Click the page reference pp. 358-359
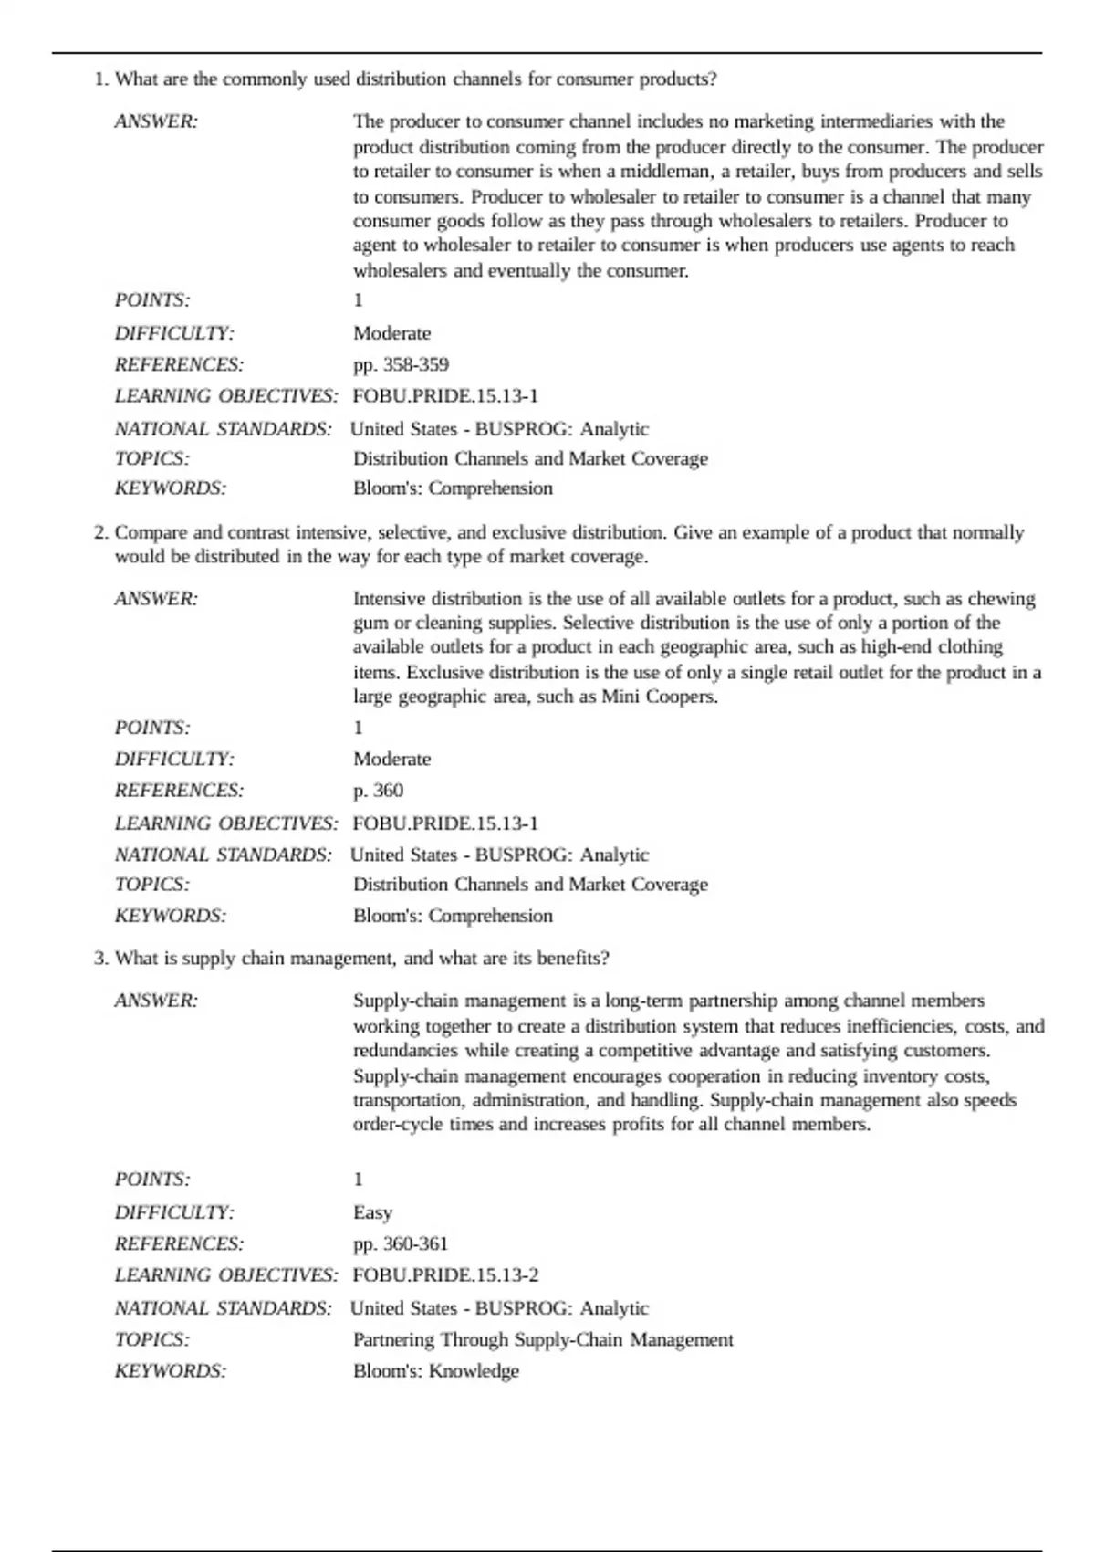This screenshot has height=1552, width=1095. (x=401, y=365)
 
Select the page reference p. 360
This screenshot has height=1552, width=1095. (x=378, y=791)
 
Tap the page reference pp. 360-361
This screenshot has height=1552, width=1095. (x=401, y=1243)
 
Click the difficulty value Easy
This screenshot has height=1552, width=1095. (x=372, y=1212)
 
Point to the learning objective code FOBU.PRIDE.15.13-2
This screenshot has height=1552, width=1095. (x=445, y=1275)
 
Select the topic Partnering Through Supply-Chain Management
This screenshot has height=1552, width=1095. (x=543, y=1339)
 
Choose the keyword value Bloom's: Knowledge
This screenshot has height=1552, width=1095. (x=436, y=1371)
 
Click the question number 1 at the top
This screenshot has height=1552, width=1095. (x=100, y=79)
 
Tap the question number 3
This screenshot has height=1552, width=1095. (x=100, y=959)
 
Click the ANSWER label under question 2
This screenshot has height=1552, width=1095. (x=156, y=599)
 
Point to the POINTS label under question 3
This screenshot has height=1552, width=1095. (x=152, y=1180)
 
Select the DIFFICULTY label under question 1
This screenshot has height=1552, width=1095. (x=174, y=333)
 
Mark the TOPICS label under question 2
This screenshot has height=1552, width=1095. (x=152, y=885)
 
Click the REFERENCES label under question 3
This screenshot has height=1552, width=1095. (x=179, y=1243)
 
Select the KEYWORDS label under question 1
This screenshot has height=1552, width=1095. (x=171, y=488)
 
